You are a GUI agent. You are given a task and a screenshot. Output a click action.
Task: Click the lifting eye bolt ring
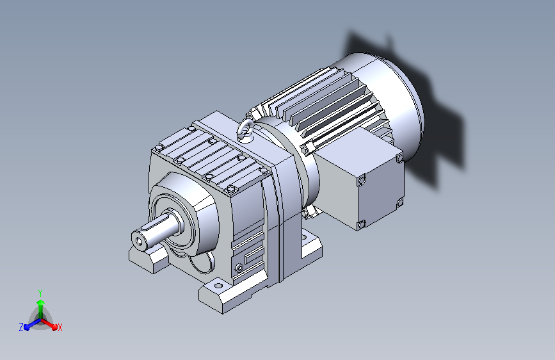click(245, 129)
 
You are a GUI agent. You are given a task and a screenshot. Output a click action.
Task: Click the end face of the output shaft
click(139, 241)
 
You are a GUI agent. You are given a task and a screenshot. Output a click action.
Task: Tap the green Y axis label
click(40, 293)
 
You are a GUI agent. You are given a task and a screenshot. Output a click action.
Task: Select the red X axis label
click(60, 327)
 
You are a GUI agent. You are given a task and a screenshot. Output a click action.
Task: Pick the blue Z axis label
click(21, 327)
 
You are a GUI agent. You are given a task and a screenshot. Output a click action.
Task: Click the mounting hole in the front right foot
click(218, 286)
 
